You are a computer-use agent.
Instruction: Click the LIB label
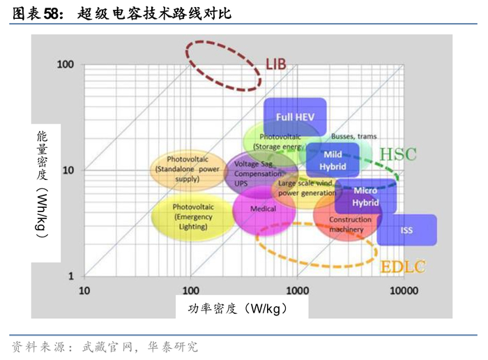pos(276,65)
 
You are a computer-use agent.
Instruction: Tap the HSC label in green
pos(397,154)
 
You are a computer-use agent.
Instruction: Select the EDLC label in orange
pos(402,266)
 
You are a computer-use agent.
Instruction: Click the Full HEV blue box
pos(295,117)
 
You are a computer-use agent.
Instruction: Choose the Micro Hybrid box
pos(365,197)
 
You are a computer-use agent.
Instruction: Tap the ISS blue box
pos(406,230)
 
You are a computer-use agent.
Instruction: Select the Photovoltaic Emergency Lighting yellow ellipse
pos(192,216)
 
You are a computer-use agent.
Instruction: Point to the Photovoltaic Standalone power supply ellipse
pos(188,169)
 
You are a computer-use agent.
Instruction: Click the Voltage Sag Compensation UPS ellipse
pos(250,172)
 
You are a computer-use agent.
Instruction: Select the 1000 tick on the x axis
pos(298,290)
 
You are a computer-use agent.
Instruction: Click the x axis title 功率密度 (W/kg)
pos(238,308)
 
